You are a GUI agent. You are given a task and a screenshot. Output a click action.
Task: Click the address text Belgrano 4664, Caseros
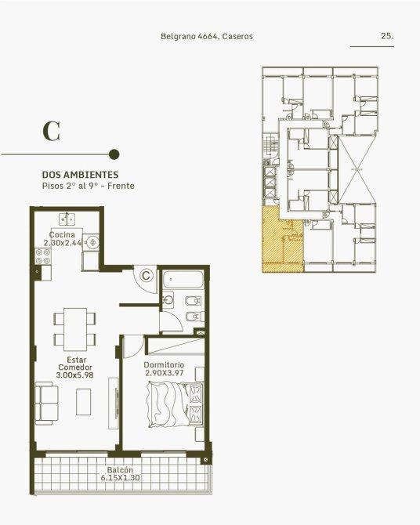click(207, 36)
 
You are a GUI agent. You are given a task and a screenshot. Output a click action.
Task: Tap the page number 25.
click(387, 36)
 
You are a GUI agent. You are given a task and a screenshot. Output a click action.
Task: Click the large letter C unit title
click(52, 132)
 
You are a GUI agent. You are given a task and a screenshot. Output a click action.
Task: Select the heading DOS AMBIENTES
click(80, 175)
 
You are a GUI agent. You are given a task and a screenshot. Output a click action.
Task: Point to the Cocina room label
click(62, 235)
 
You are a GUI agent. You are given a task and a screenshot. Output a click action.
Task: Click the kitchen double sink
click(67, 219)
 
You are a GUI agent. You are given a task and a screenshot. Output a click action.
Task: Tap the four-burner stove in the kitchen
click(43, 256)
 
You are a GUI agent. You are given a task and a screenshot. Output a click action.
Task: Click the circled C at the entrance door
click(146, 276)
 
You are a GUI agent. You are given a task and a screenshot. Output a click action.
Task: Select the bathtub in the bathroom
click(183, 279)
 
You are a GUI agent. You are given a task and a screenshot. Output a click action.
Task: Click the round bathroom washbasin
click(168, 299)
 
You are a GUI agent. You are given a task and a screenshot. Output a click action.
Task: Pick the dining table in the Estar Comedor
click(75, 329)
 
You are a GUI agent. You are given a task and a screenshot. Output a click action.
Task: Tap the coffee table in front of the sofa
click(83, 402)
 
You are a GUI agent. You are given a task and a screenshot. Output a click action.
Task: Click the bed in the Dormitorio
click(175, 405)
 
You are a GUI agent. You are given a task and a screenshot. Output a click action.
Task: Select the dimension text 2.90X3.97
click(164, 373)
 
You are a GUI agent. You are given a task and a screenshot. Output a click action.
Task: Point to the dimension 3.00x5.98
click(74, 375)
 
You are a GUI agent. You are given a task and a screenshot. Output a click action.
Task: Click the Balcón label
click(120, 470)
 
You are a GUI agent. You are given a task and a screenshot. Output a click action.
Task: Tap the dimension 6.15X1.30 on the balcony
click(120, 478)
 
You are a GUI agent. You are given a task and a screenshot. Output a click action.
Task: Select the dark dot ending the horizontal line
click(114, 154)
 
